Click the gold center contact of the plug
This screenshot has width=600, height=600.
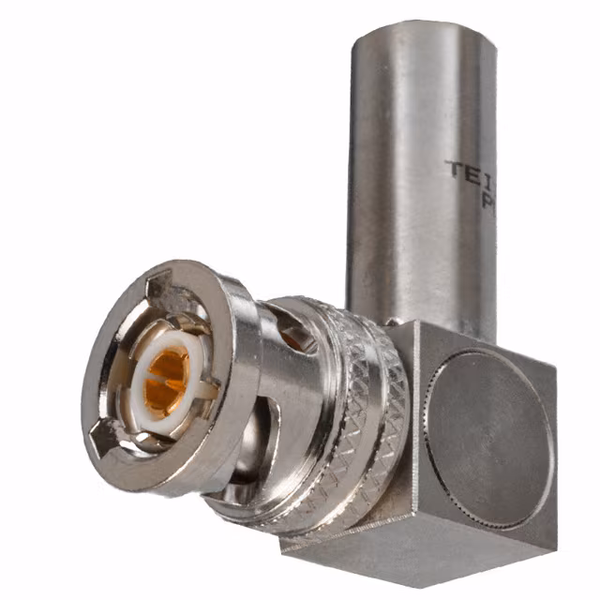coord(167,380)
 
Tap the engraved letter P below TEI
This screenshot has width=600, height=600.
coord(487,202)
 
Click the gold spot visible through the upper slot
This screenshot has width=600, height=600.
coord(293,339)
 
